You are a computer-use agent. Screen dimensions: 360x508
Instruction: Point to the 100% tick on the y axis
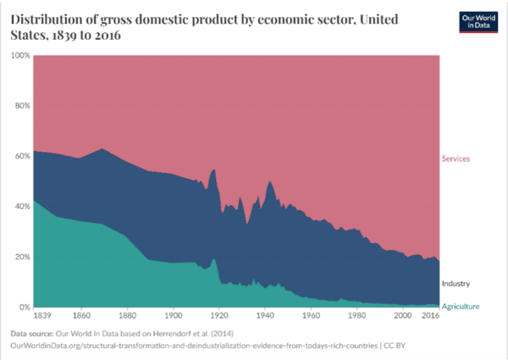coord(20,55)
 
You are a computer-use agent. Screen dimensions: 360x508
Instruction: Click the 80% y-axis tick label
coord(22,106)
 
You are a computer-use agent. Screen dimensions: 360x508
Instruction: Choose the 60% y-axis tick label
coord(22,156)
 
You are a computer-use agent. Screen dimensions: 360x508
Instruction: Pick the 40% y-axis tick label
coord(22,206)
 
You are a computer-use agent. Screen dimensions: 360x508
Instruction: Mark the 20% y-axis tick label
coord(22,257)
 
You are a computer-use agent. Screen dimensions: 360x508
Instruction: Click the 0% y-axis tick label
coord(25,307)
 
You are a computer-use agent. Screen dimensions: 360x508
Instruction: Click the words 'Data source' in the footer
coord(34,334)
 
